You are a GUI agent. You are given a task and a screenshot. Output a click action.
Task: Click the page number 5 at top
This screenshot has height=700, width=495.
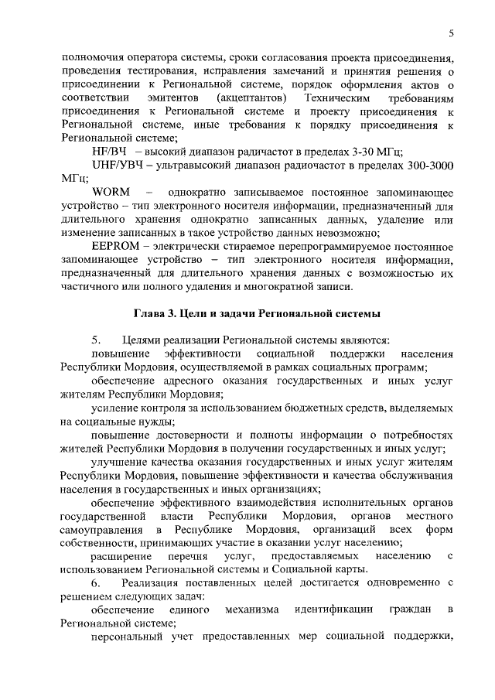click(450, 32)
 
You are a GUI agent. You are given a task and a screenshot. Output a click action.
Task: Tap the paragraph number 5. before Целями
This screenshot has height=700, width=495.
click(96, 340)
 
